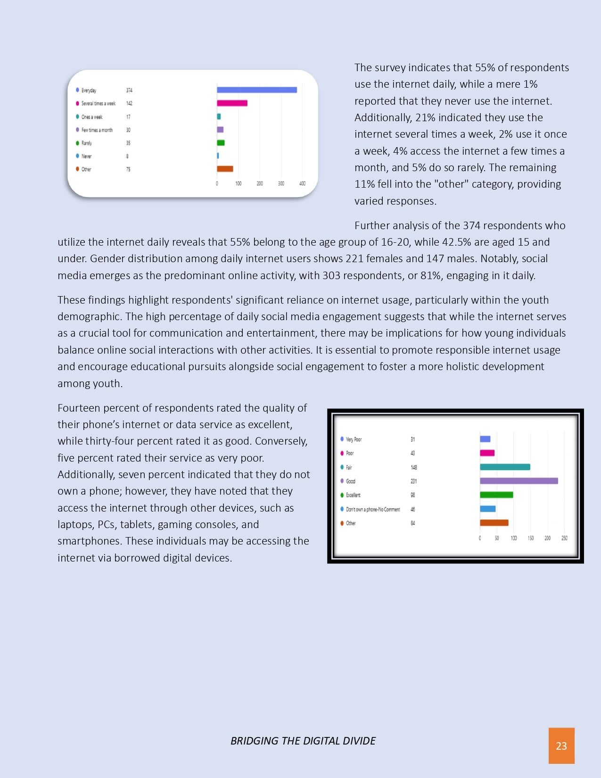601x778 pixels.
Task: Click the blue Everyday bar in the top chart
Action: tap(256, 90)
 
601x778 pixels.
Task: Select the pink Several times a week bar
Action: tap(232, 103)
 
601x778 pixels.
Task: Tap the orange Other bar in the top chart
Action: tap(225, 169)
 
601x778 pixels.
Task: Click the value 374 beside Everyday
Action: tap(129, 90)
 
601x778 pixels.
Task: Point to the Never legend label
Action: tap(86, 156)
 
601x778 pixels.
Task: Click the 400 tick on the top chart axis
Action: tap(303, 183)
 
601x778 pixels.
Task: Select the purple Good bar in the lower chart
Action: tap(519, 481)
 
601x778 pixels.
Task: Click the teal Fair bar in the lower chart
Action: tap(505, 467)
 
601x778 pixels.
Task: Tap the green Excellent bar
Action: tap(496, 495)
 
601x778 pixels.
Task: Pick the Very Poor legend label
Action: tap(354, 439)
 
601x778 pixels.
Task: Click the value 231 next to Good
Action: tap(413, 481)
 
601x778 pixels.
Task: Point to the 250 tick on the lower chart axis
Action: tap(564, 538)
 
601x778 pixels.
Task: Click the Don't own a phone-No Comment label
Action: tap(373, 509)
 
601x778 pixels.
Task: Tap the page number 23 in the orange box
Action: tap(561, 745)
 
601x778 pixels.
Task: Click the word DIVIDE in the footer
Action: tap(360, 741)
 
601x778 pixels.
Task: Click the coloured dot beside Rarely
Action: tap(77, 143)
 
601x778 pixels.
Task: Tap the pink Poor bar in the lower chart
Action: tap(487, 453)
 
